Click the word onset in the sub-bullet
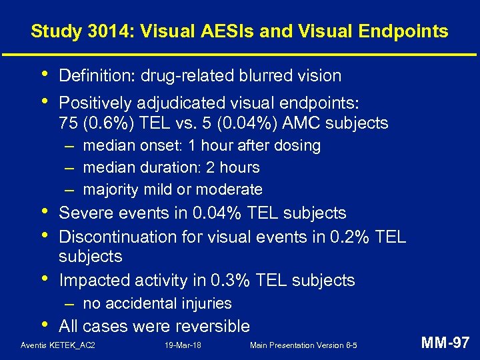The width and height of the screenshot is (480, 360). pos(161,145)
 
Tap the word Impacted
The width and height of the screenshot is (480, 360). pos(93,280)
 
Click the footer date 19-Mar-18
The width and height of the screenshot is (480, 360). pos(183,345)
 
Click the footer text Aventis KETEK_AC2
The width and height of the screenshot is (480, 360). pos(58,345)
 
